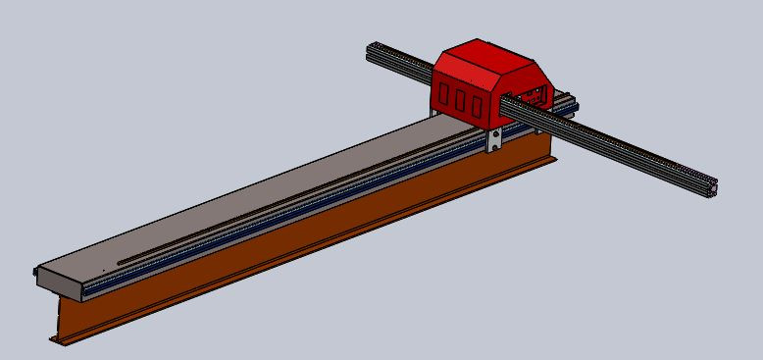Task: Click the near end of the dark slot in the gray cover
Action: [x=121, y=262]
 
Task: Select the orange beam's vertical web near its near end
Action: [x=74, y=314]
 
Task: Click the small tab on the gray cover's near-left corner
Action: [x=36, y=271]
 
